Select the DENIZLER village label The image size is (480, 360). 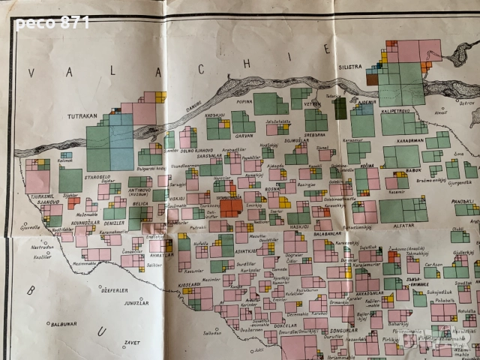tap(115, 223)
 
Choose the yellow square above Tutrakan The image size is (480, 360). tap(160, 97)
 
